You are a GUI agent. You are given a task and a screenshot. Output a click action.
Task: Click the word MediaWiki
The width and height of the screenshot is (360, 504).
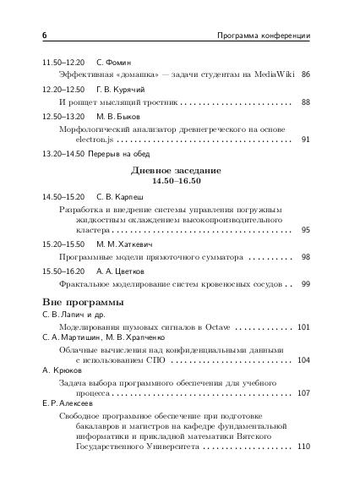268,75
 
